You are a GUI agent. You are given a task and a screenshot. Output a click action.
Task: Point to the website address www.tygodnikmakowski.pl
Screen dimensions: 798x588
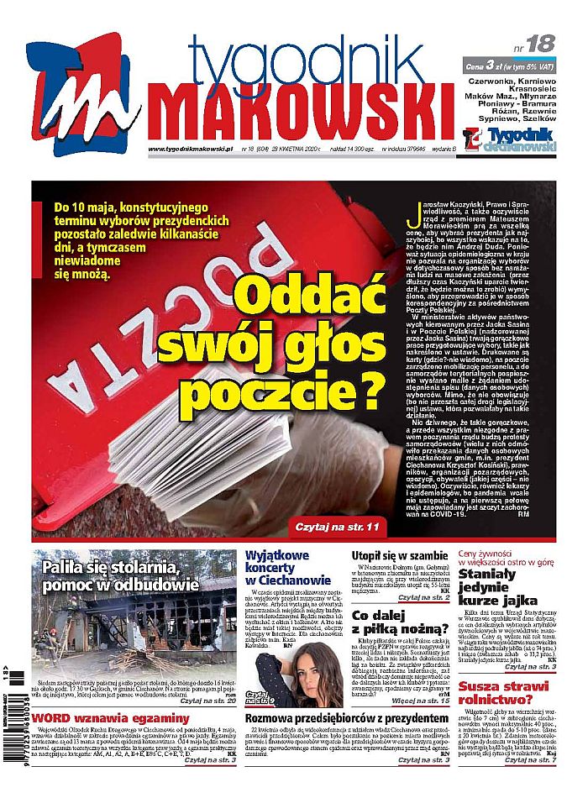189,150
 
